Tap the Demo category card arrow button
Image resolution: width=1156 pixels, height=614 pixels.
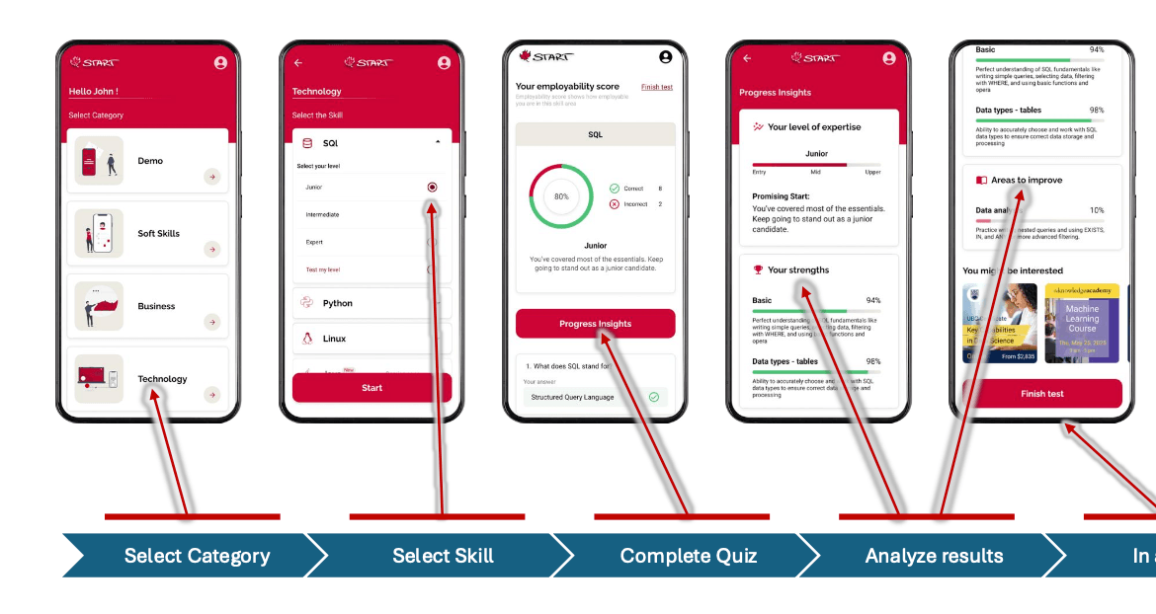pyautogui.click(x=211, y=177)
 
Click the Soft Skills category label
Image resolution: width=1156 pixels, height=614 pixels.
pyautogui.click(x=159, y=234)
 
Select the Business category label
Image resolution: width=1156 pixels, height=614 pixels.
pyautogui.click(x=156, y=306)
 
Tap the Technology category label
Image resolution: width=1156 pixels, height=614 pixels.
pyautogui.click(x=162, y=379)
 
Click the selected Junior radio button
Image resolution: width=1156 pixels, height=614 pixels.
pyautogui.click(x=432, y=187)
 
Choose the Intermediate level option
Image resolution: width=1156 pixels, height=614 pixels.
pyautogui.click(x=323, y=214)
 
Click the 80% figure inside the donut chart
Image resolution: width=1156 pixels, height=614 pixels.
pyautogui.click(x=561, y=196)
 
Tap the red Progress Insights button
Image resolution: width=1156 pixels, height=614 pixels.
pyautogui.click(x=595, y=324)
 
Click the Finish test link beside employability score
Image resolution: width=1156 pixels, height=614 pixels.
pyautogui.click(x=656, y=87)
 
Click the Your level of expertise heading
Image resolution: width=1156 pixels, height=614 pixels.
pyautogui.click(x=813, y=127)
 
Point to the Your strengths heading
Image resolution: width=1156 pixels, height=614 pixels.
pyautogui.click(x=797, y=269)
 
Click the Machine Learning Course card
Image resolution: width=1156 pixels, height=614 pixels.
pyautogui.click(x=1082, y=323)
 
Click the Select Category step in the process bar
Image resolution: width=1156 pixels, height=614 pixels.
pyautogui.click(x=196, y=556)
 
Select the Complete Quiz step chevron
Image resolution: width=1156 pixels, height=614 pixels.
pyautogui.click(x=688, y=556)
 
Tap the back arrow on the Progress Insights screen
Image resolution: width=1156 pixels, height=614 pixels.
pyautogui.click(x=747, y=59)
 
